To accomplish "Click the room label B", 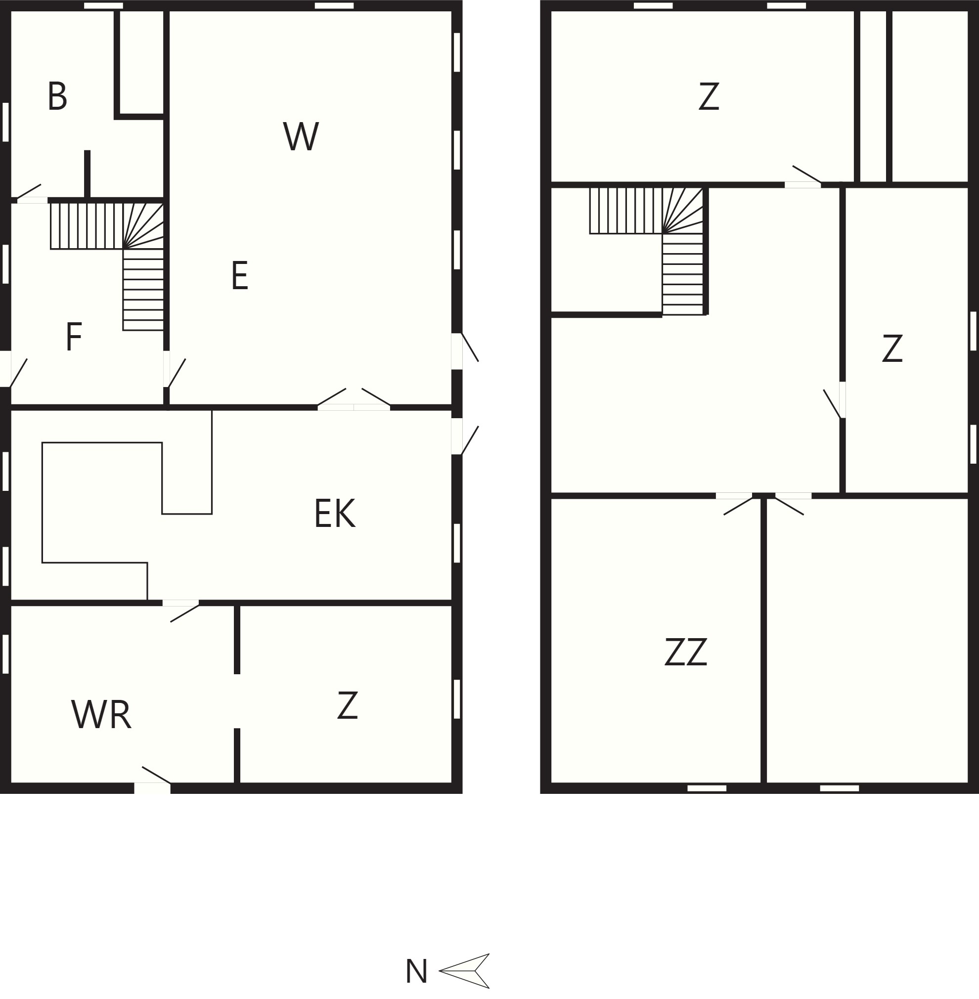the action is (x=57, y=96).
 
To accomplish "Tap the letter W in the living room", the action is (x=301, y=136).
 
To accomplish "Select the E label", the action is (x=240, y=276).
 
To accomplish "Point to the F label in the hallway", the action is (x=74, y=337).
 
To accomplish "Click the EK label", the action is (x=335, y=513).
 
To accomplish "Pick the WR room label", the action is (x=101, y=715).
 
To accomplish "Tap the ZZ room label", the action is (x=685, y=652).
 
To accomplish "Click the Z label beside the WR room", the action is (x=348, y=705).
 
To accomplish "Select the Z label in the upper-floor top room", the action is (x=709, y=96).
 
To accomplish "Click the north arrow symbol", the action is (x=464, y=971).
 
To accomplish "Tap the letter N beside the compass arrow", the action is (x=416, y=971).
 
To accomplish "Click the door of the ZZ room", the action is (x=735, y=504).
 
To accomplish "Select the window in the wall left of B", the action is (x=5, y=122).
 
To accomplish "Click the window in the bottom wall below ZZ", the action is (x=707, y=788).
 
